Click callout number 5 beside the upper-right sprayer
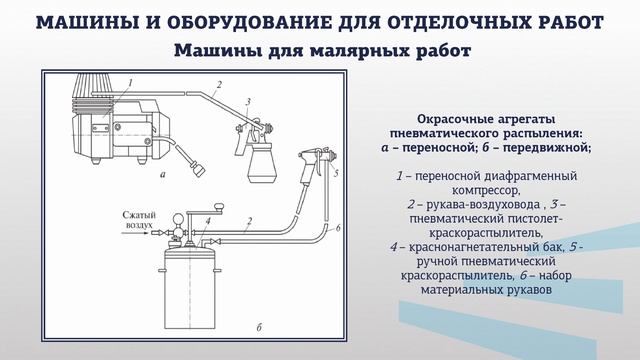click(x=337, y=172)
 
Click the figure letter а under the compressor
click(x=161, y=172)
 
